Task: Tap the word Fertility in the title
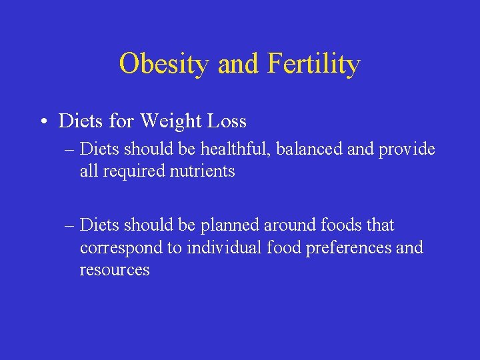coord(313,64)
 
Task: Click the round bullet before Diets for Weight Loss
coord(42,121)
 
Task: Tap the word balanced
coord(305,149)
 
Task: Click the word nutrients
coord(203,171)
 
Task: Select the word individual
coord(225,247)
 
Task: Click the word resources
coord(115,270)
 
